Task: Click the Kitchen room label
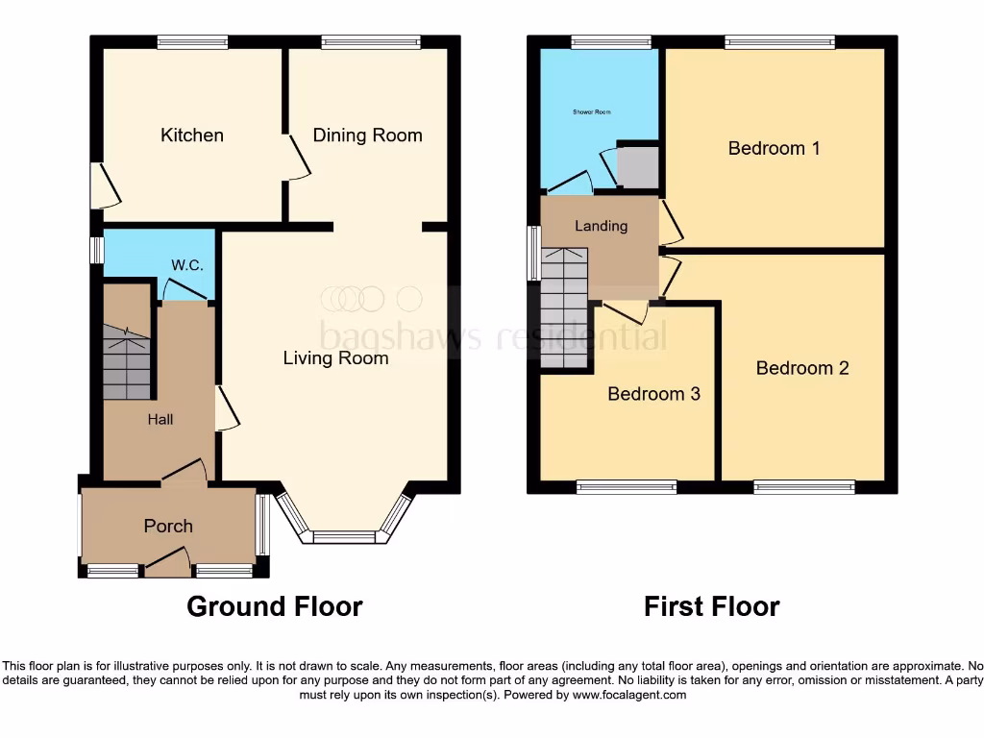192,135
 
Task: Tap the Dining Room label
367,135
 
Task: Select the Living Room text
335,358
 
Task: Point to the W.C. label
186,265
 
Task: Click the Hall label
160,419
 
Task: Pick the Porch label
168,526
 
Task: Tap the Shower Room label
592,112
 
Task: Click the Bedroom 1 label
774,148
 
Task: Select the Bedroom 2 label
802,368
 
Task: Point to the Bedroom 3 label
653,394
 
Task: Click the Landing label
601,227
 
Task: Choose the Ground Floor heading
274,606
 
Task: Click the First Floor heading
712,606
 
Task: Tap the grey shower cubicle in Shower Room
637,167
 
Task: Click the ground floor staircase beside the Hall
127,360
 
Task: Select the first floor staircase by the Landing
564,307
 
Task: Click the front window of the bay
344,536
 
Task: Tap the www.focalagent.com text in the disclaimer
629,695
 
